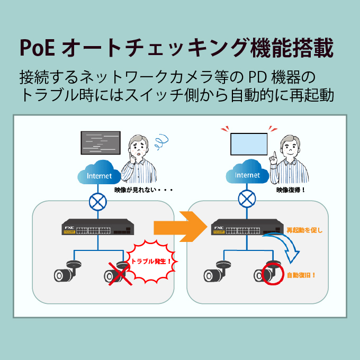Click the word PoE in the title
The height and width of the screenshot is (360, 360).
pyautogui.click(x=37, y=48)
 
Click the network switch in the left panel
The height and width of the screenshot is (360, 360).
pyautogui.click(x=98, y=229)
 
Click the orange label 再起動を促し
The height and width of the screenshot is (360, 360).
pyautogui.click(x=304, y=230)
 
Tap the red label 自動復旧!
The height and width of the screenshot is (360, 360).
pyautogui.click(x=301, y=275)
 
